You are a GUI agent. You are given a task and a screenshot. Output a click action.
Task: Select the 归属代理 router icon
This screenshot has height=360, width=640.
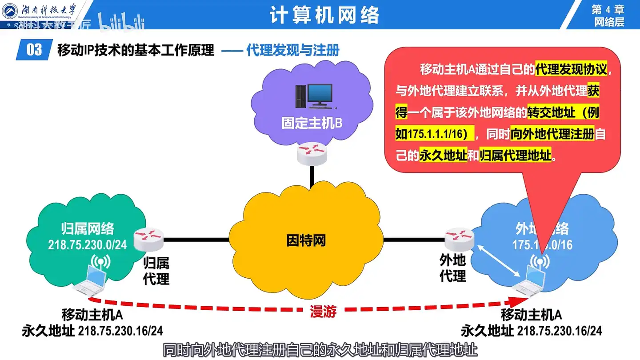tap(148, 239)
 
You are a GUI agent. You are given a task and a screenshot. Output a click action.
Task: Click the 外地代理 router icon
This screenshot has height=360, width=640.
tap(459, 239)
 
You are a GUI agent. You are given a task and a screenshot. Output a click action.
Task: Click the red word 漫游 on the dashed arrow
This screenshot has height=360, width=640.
tap(323, 312)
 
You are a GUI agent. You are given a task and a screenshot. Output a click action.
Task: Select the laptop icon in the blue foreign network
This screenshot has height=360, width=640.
tap(530, 279)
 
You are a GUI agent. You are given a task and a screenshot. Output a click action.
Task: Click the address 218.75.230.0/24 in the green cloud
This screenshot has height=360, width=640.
tap(87, 245)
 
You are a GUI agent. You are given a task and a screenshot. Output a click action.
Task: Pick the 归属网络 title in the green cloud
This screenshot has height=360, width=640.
tap(87, 229)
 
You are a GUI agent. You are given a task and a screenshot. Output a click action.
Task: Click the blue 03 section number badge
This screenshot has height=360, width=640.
tap(34, 50)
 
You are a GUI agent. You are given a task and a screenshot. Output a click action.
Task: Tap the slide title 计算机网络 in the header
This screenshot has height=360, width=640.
tap(324, 16)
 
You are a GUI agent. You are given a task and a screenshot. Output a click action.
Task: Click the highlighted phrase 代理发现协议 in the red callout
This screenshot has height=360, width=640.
tap(571, 70)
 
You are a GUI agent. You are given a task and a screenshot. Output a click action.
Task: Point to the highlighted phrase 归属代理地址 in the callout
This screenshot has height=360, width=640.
tap(516, 156)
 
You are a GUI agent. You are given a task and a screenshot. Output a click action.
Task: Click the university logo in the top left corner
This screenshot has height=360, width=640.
tap(11, 11)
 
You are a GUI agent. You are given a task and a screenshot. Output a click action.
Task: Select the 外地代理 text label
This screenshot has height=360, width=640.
tap(452, 268)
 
